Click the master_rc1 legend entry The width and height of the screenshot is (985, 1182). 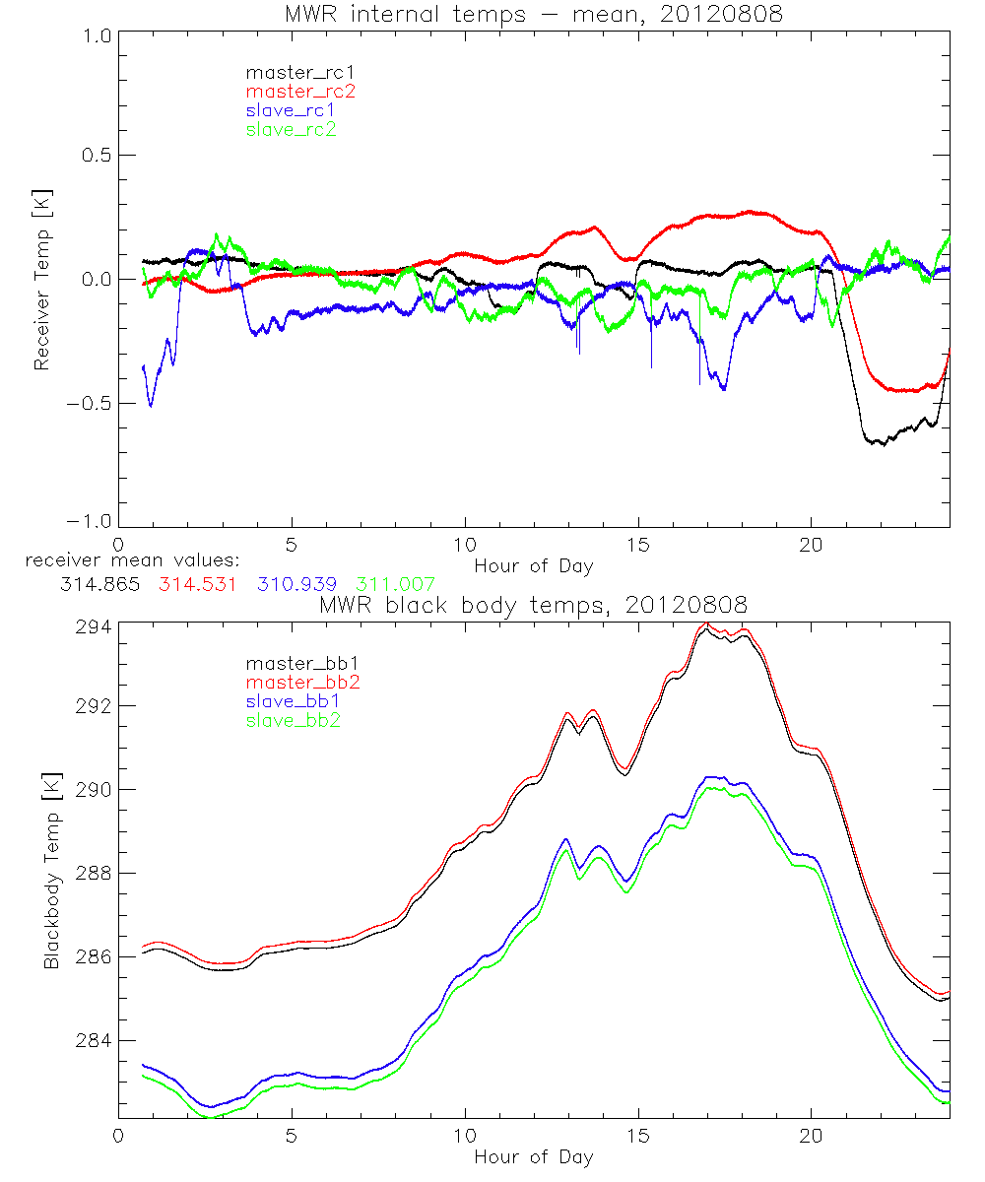[293, 72]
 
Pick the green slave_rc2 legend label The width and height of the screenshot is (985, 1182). [291, 129]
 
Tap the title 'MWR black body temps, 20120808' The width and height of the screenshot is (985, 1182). [533, 604]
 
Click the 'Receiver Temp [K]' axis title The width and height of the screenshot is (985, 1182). [41, 280]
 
